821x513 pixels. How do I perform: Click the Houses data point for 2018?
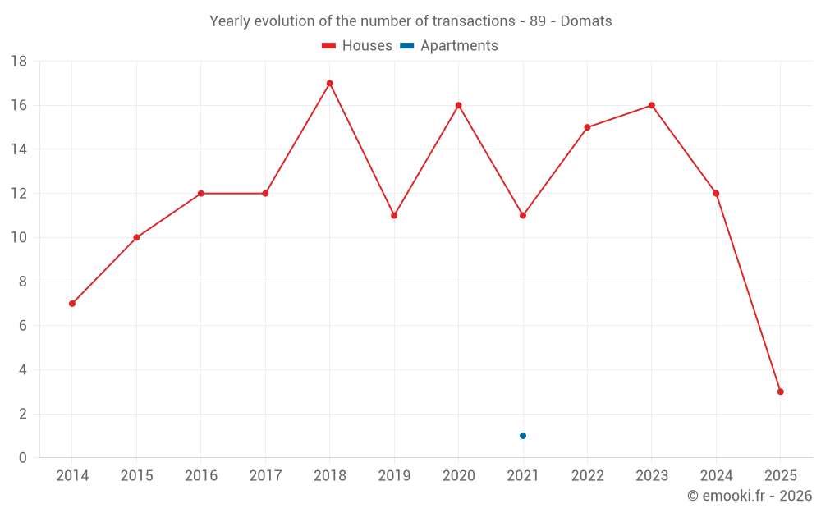point(329,83)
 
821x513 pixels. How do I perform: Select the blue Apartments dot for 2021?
point(523,436)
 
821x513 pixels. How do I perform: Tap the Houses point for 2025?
point(780,392)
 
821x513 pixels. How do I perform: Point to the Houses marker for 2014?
point(72,304)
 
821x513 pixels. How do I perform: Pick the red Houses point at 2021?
point(523,215)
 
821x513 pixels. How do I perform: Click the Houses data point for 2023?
point(651,105)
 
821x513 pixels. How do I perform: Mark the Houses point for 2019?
point(394,215)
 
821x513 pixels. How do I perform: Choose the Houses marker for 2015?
point(136,237)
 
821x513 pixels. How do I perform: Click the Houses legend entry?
point(357,46)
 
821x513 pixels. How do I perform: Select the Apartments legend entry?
point(449,46)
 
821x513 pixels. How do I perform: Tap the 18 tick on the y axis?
point(19,62)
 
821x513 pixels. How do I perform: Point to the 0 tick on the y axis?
point(23,458)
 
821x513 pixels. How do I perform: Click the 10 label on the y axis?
point(19,238)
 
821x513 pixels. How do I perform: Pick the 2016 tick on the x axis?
point(201,476)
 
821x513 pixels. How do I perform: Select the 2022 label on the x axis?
point(587,476)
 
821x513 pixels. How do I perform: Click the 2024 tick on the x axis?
point(716,476)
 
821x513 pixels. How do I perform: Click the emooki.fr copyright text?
point(749,496)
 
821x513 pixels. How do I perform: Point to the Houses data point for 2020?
point(458,105)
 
